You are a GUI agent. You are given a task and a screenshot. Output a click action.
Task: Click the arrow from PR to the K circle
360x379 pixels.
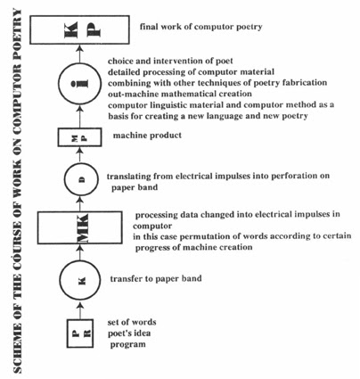pos(79,310)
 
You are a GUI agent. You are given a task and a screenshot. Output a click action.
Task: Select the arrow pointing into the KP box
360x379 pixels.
pos(79,54)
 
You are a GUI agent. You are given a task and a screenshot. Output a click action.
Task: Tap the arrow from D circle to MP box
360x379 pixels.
pos(79,154)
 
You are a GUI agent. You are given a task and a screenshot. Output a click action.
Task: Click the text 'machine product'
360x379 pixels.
pos(147,136)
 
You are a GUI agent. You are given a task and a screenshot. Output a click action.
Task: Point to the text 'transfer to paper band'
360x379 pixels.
pos(156,279)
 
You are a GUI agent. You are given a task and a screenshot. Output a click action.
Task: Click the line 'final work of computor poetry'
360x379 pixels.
pos(201,27)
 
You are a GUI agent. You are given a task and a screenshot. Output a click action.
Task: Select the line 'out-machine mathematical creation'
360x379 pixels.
pos(180,94)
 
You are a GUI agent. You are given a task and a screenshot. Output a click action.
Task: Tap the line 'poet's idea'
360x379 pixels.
pos(129,334)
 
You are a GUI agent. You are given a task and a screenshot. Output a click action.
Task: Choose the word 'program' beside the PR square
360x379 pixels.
pos(128,344)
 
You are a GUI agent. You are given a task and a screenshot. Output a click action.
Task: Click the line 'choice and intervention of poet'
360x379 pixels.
pos(170,61)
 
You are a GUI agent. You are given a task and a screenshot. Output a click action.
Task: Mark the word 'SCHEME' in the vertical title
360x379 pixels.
pos(18,350)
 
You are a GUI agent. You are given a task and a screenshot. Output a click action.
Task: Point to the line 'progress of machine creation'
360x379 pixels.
pos(194,247)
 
